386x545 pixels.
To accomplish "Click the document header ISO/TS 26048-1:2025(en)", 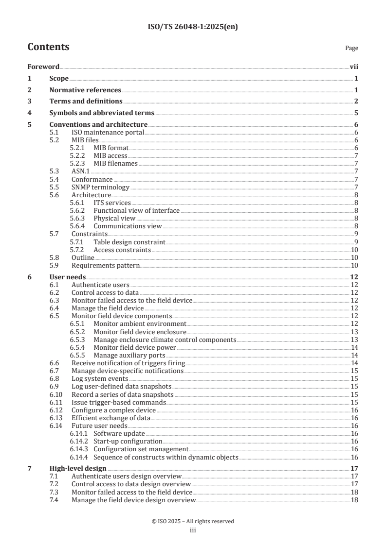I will (193, 27).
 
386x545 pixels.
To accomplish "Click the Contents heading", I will (48, 47).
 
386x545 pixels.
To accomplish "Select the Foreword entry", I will (43, 67).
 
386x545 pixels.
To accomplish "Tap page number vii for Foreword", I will (354, 67).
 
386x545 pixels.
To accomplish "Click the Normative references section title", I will (85, 90).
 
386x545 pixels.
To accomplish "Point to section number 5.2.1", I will (77, 148).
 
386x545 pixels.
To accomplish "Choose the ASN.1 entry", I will (81, 171).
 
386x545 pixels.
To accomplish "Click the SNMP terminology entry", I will (100, 187).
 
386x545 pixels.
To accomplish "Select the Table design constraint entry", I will (129, 242).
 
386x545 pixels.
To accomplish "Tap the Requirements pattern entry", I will (106, 266).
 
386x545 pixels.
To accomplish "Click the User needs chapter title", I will (68, 277).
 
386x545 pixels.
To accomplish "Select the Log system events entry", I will (100, 378).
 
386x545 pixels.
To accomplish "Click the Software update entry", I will (119, 433).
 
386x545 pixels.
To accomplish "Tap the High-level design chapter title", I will (78, 468).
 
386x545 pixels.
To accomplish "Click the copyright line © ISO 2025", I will (193, 521).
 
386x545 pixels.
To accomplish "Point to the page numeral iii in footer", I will (193, 530).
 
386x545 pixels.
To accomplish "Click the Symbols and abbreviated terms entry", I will (102, 113).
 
